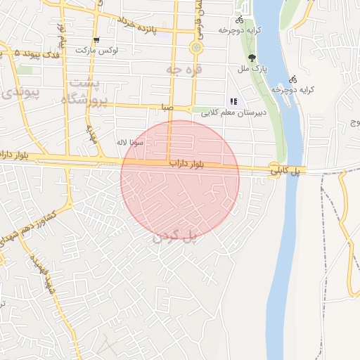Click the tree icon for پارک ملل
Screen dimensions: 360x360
pos(252,58)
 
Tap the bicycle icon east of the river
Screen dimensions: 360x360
pos(293,79)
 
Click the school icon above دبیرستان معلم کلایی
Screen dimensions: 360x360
pos(233,101)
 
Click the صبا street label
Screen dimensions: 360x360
pos(166,108)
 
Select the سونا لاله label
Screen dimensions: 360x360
pos(131,143)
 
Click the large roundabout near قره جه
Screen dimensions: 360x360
pos(195,48)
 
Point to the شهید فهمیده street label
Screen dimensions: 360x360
pos(40,274)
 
